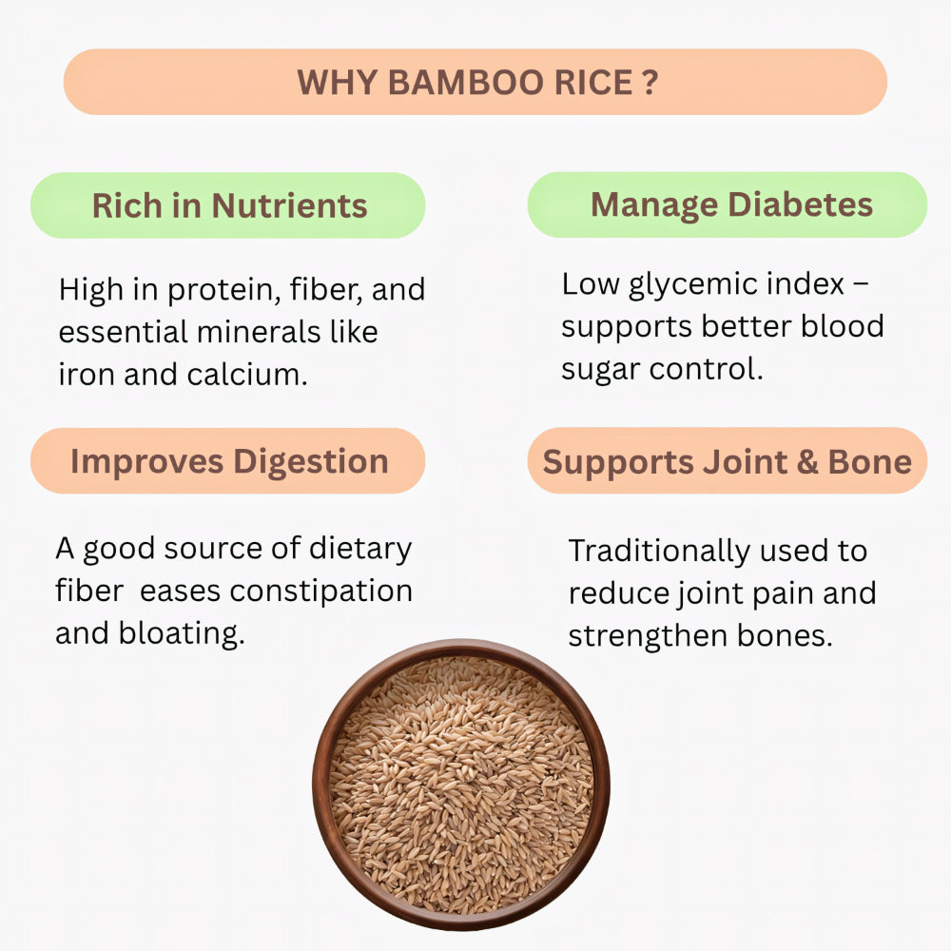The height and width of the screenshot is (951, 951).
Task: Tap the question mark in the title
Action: tap(649, 83)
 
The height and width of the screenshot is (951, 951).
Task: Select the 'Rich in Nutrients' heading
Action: tap(229, 205)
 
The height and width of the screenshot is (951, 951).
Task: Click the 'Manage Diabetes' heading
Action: tap(731, 204)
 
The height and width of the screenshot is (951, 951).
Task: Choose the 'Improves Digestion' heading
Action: tap(229, 461)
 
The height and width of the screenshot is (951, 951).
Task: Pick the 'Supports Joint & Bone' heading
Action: tap(727, 462)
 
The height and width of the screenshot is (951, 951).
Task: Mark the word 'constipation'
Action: tap(320, 591)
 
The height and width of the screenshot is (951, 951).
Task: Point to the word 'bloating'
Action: tap(182, 632)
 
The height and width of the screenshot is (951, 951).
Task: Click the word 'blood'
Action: tap(842, 326)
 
